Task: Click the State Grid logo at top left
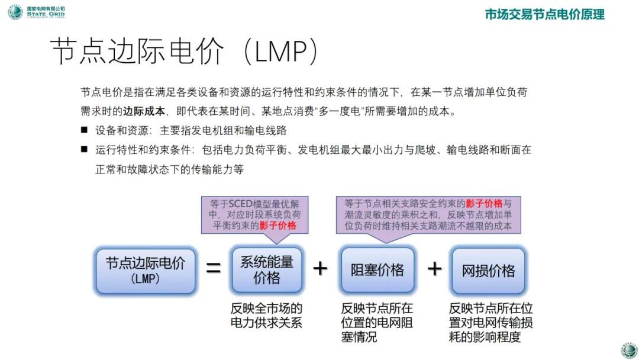pos(15,12)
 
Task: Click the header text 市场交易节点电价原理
pos(544,15)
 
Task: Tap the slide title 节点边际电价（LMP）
pos(184,53)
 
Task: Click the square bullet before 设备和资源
pos(85,130)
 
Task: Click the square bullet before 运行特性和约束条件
pos(85,150)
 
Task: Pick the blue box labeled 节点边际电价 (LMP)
pos(145,270)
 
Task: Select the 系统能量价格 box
pos(266,270)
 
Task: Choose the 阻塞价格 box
pos(377,270)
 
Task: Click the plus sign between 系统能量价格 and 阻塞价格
pos(320,269)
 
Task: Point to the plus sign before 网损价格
pos(434,269)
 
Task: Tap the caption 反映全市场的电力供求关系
pos(266,316)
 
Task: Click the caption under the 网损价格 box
pos(490,323)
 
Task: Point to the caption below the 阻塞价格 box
pos(377,323)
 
